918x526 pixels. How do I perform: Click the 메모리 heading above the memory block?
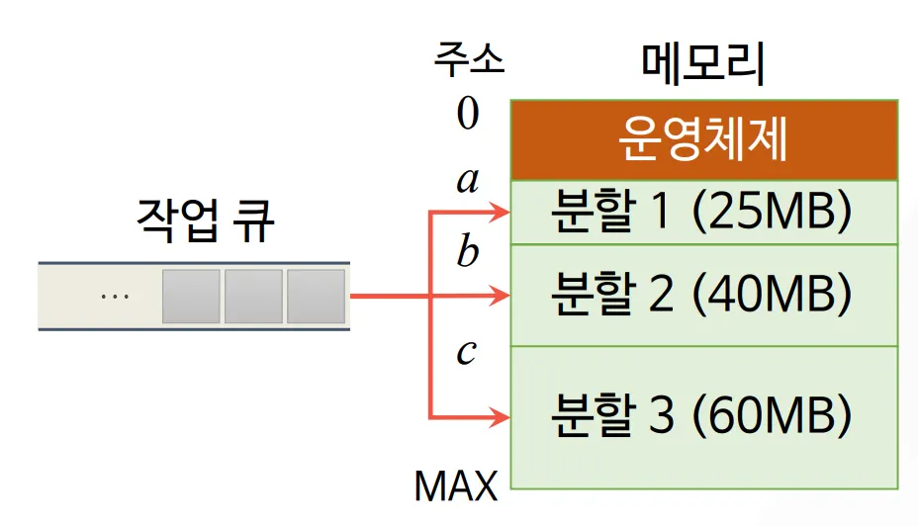(703, 65)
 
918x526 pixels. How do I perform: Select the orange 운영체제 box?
(703, 139)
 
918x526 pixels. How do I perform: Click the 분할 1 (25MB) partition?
(703, 213)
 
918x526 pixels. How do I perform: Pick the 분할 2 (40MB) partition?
(703, 294)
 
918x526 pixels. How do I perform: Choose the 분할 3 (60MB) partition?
(703, 416)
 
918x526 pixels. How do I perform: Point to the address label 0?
(468, 115)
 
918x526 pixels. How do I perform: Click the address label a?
(468, 181)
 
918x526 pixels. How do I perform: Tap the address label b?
(468, 253)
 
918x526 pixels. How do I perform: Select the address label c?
(467, 353)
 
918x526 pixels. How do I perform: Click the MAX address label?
(455, 485)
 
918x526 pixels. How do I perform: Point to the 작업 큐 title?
(205, 221)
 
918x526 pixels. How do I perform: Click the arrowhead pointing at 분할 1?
(501, 212)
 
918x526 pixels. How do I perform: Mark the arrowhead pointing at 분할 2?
(501, 295)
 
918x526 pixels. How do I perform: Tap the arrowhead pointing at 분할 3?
(501, 418)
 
